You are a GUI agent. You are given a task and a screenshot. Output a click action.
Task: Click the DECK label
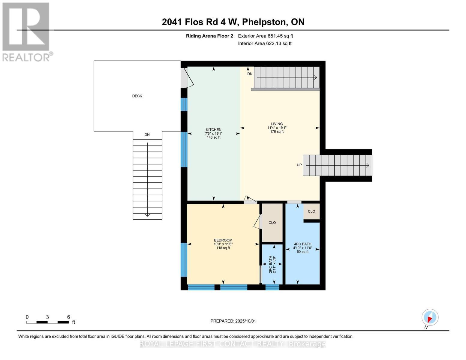pyautogui.click(x=137, y=96)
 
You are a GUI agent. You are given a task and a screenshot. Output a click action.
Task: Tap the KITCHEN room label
pyautogui.click(x=213, y=130)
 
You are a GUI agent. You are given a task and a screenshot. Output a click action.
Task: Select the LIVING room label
pyautogui.click(x=277, y=124)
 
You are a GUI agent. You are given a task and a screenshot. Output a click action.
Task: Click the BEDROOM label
pyautogui.click(x=223, y=240)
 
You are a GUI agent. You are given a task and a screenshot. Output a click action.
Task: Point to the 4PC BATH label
pyautogui.click(x=302, y=244)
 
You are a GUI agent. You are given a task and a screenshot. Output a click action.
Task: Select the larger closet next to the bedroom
pyautogui.click(x=272, y=223)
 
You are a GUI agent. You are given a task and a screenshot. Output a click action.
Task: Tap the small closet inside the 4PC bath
pyautogui.click(x=311, y=211)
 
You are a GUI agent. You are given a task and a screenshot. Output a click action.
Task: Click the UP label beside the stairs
pyautogui.click(x=299, y=165)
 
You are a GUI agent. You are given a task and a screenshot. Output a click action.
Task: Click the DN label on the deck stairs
pyautogui.click(x=147, y=135)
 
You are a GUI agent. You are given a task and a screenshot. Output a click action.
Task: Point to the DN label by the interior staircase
pyautogui.click(x=250, y=74)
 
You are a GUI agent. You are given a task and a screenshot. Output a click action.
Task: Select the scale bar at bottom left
pyautogui.click(x=47, y=322)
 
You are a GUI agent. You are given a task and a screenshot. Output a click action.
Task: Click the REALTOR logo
pyautogui.click(x=26, y=31)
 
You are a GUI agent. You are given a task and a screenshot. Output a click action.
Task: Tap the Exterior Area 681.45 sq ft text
pyautogui.click(x=265, y=36)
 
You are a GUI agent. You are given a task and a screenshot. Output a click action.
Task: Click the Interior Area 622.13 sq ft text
pyautogui.click(x=265, y=43)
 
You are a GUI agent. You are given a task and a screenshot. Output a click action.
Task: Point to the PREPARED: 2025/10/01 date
pyautogui.click(x=233, y=321)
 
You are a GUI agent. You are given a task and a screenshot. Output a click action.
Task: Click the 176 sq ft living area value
pyautogui.click(x=277, y=131)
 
